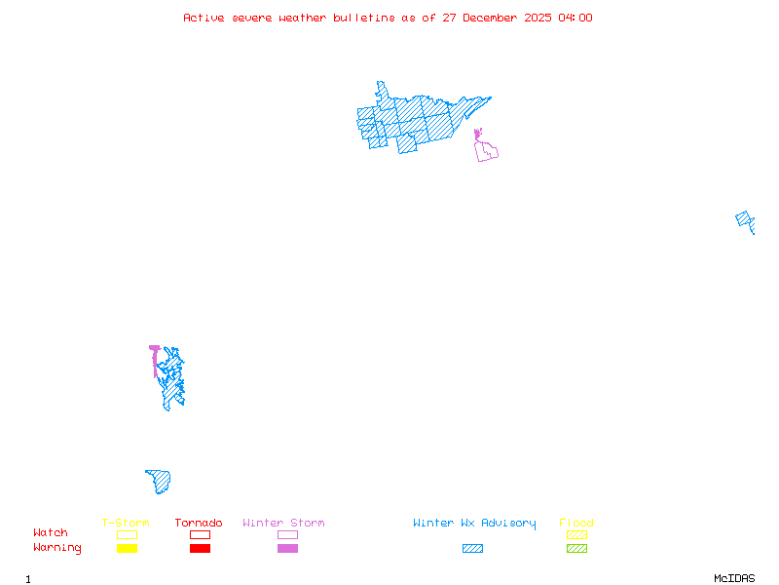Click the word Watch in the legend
(x=51, y=533)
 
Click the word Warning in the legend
(x=57, y=548)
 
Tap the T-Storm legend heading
(x=126, y=524)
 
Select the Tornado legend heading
(x=199, y=524)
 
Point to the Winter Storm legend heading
(x=283, y=524)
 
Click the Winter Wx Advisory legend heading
(x=474, y=524)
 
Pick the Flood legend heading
(x=576, y=524)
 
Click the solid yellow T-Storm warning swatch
(x=127, y=549)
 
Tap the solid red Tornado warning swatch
(x=200, y=549)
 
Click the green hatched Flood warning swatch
(x=576, y=549)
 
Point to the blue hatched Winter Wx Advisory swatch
(x=472, y=549)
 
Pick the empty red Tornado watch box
(x=200, y=534)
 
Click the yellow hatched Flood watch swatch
(x=576, y=534)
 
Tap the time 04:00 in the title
(x=575, y=18)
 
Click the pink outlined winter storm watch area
(x=486, y=150)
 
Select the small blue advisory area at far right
(x=746, y=221)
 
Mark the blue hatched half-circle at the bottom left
(x=160, y=481)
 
